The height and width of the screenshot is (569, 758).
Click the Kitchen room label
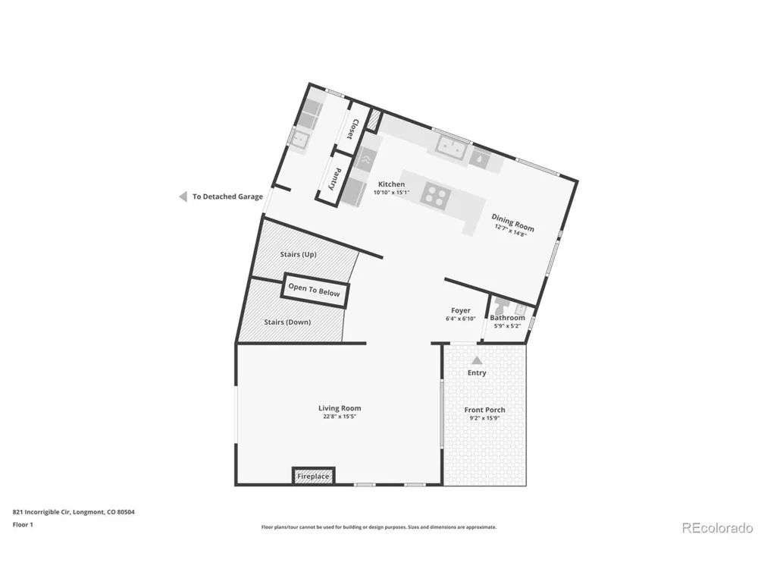392,184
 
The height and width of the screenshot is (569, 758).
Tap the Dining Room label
513,222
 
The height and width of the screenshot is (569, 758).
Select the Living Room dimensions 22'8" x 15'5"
340,417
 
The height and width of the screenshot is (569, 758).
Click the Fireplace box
313,476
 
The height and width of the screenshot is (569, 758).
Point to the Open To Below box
315,291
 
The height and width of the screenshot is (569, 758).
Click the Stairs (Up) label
298,254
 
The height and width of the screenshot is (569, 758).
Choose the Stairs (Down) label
287,322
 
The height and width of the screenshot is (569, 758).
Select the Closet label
354,129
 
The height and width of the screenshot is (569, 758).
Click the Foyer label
461,310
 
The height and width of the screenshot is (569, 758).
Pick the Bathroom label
507,318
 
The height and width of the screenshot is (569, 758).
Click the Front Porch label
484,410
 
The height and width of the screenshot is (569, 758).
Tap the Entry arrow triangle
477,360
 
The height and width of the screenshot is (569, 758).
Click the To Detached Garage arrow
183,196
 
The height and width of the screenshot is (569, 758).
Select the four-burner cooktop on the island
436,196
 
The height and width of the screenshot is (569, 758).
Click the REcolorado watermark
717,527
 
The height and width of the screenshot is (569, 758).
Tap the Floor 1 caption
23,524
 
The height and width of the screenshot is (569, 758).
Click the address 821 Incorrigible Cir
42,512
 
